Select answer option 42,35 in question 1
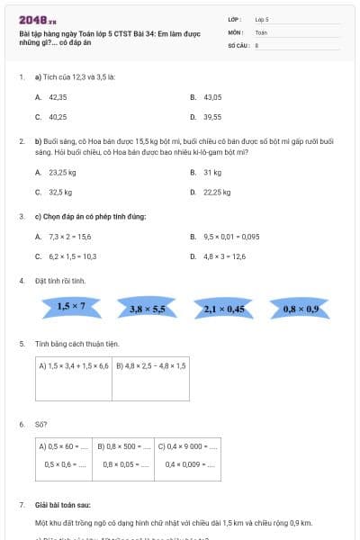click(x=58, y=96)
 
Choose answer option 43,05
click(x=212, y=96)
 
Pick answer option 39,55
click(x=212, y=116)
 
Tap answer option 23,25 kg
click(x=62, y=172)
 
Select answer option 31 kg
click(x=212, y=172)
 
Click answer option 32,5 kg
click(x=60, y=192)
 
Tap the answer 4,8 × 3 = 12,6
click(x=224, y=256)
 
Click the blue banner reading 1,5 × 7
click(x=71, y=307)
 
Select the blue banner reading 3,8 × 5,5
click(x=148, y=309)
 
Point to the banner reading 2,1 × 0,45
click(x=224, y=309)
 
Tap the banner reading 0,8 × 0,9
click(x=301, y=309)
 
